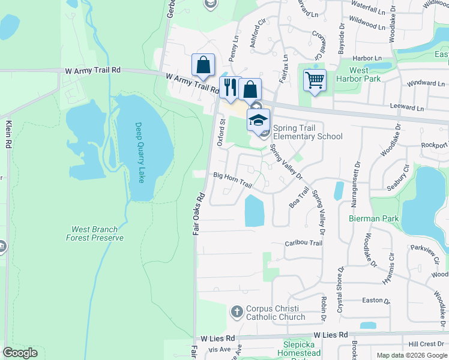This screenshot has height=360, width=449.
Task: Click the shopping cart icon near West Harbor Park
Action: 315,79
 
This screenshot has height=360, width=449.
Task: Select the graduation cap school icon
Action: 259,120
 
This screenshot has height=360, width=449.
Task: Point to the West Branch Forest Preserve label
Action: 95,233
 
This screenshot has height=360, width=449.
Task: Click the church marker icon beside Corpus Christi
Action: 237,312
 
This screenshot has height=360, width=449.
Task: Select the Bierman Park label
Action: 374,218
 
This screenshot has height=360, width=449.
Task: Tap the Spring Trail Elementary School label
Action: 307,132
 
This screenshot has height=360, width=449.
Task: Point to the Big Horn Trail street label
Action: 232,179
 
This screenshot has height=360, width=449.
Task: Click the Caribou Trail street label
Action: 303,243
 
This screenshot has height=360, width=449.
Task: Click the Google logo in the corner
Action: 20,353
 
